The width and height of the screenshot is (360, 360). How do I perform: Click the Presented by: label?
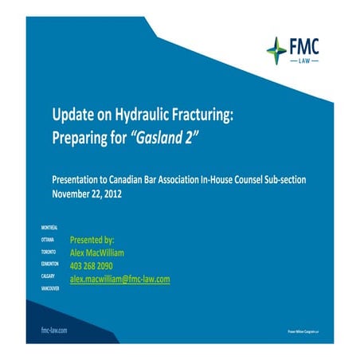point(92,239)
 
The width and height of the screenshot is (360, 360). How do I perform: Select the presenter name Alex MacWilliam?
point(104,252)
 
